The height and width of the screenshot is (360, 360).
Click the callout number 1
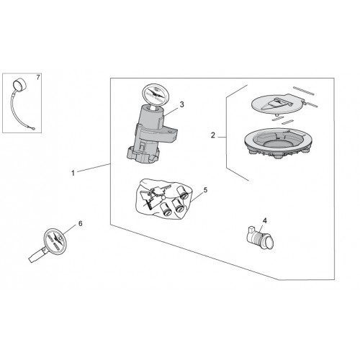[x=73, y=173]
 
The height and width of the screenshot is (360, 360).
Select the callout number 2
[x=213, y=135]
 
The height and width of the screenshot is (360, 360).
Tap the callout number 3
[x=181, y=104]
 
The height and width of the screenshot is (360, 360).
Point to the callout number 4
[x=264, y=220]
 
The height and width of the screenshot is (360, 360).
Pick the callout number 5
[x=205, y=190]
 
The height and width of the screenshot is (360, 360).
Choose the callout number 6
[x=80, y=223]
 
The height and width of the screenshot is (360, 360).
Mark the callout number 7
[x=38, y=78]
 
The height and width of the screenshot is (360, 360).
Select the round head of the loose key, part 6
[x=55, y=240]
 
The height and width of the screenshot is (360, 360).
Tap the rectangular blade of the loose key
[x=36, y=256]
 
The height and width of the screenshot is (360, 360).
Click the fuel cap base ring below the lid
[x=277, y=143]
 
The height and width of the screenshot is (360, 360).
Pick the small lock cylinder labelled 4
[x=261, y=237]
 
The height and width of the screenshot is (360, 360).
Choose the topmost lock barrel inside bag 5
[x=182, y=192]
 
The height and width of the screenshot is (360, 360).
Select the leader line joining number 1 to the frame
[x=94, y=168]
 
